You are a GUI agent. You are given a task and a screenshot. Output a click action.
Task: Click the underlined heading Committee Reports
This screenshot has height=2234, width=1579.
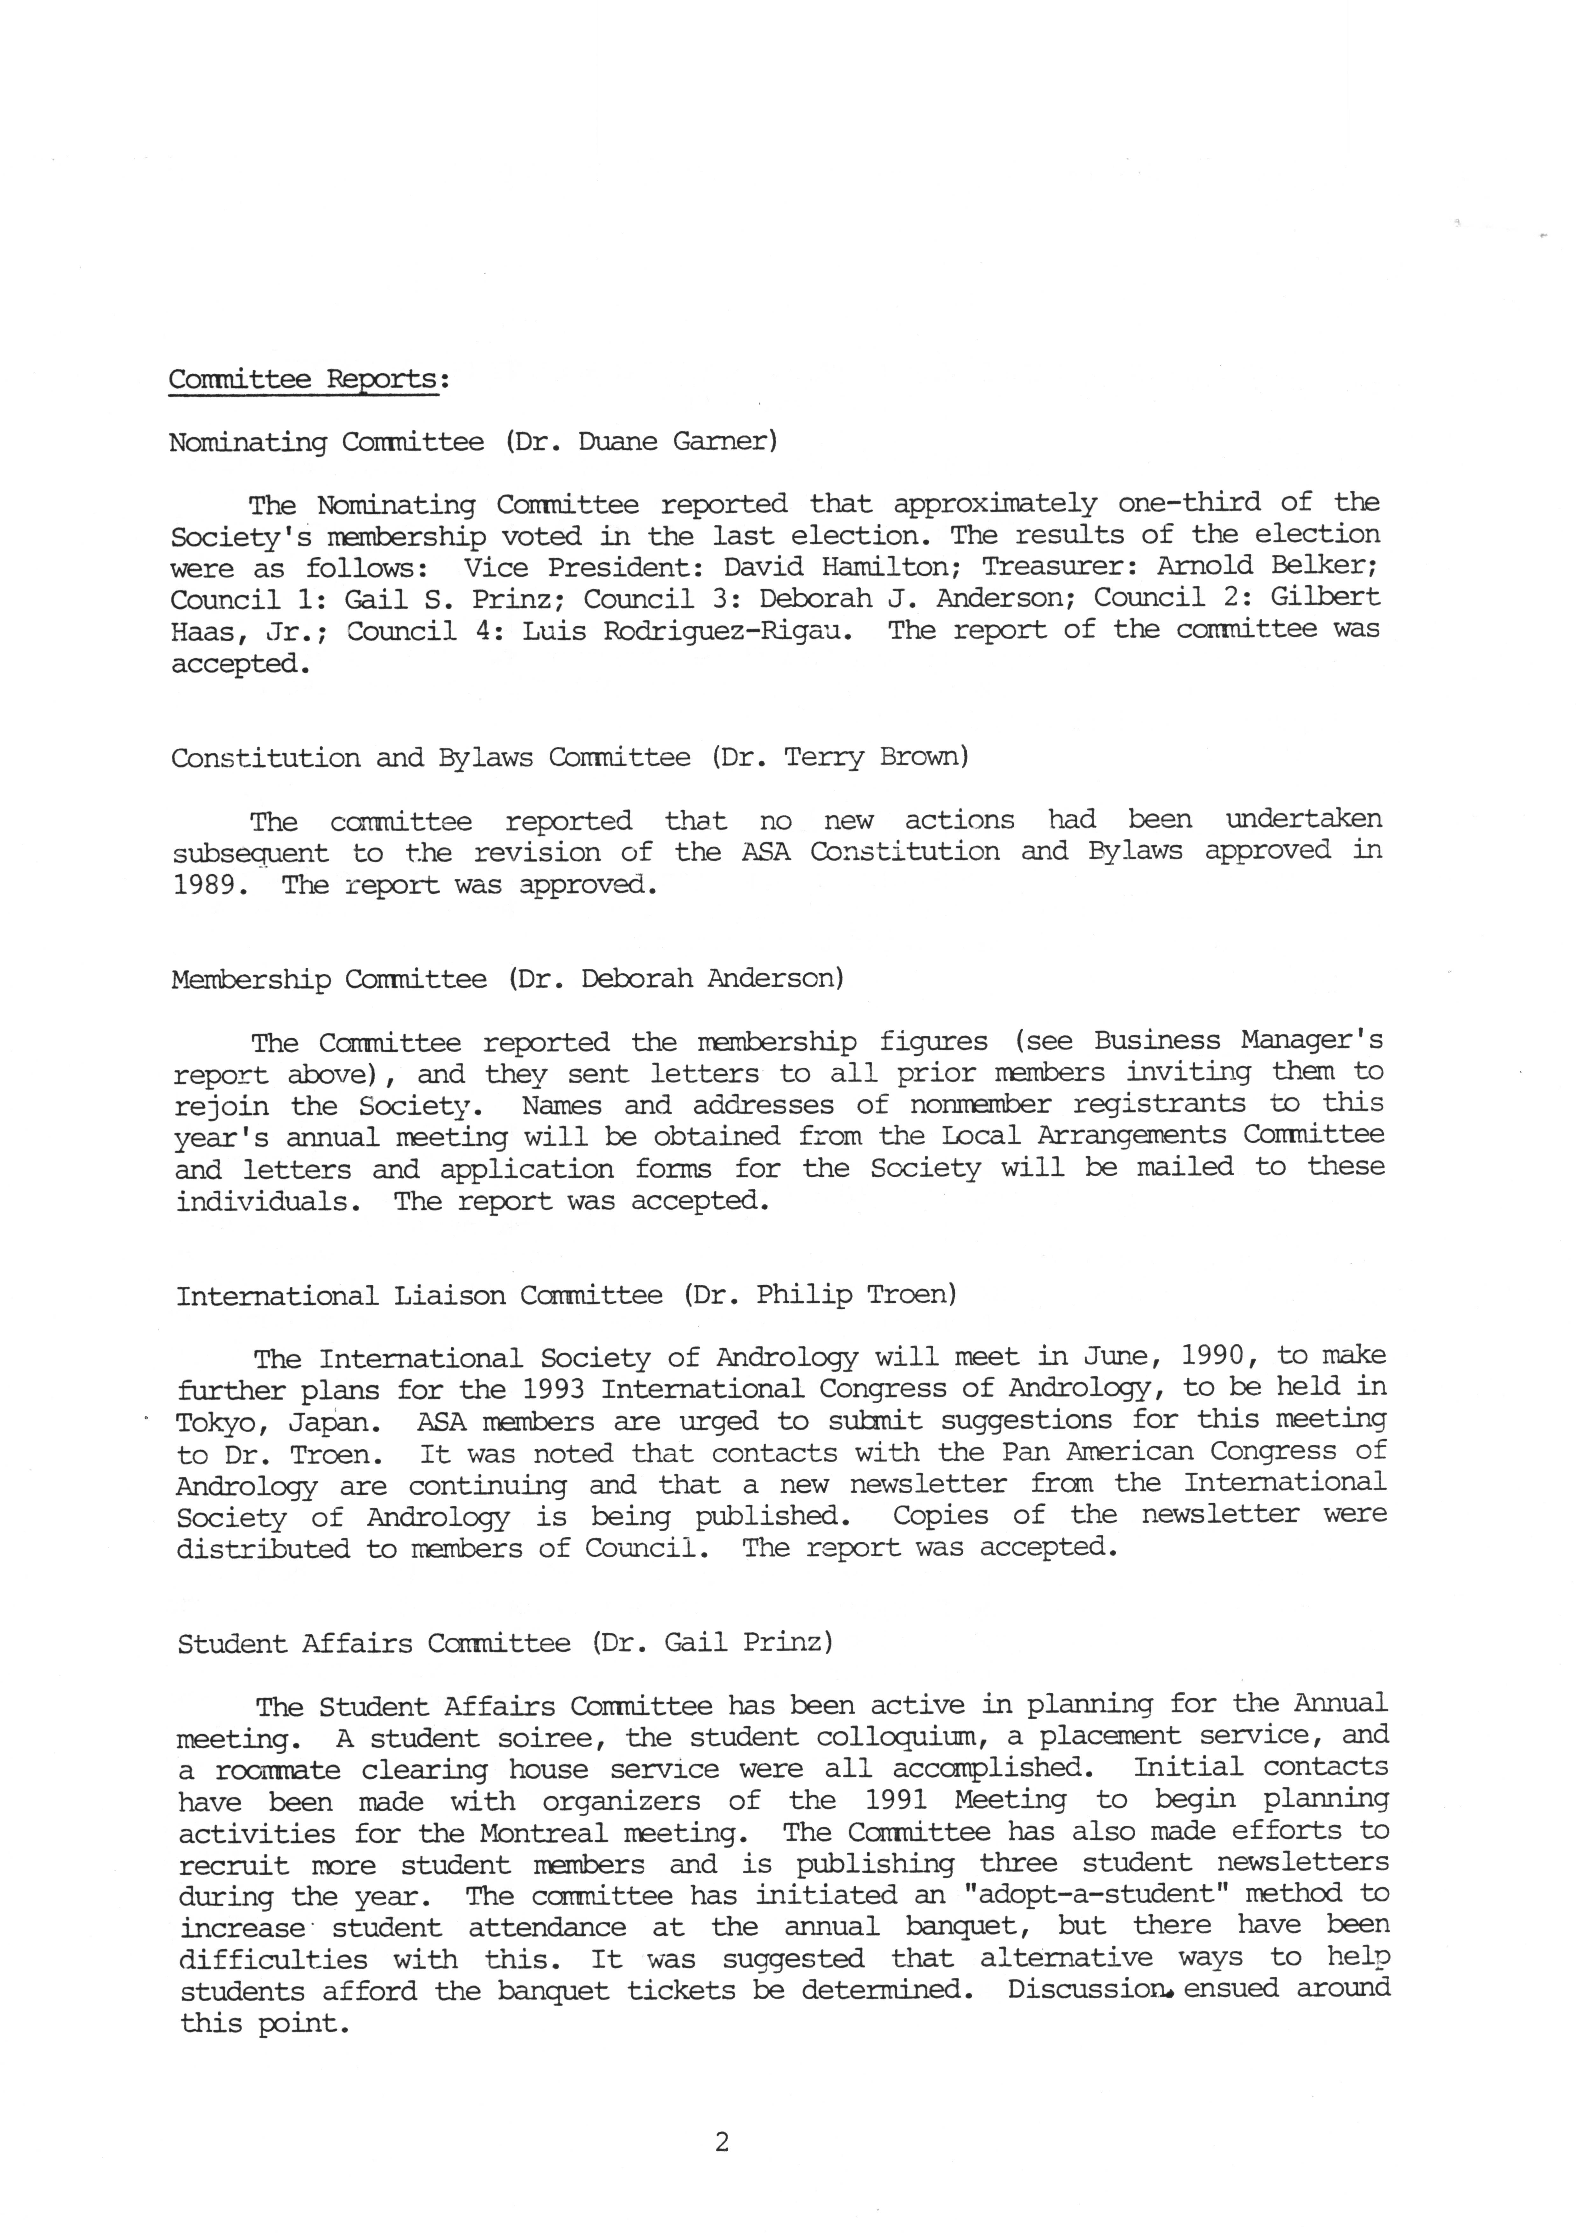coord(306,379)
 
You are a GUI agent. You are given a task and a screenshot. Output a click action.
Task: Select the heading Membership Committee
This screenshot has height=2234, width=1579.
coord(329,979)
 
